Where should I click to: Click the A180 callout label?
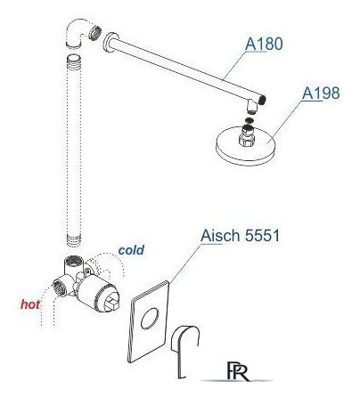(x=264, y=44)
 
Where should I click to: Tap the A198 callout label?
(x=321, y=93)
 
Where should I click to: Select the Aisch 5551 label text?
(x=240, y=236)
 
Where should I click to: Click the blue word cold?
(x=131, y=250)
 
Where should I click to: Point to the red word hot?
(x=30, y=304)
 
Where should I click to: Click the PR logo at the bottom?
(x=239, y=370)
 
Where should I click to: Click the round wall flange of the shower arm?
(x=108, y=43)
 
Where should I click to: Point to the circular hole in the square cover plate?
(x=150, y=319)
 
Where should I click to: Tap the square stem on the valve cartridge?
(x=112, y=302)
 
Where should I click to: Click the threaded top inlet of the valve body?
(x=73, y=261)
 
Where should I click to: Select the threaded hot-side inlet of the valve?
(x=58, y=288)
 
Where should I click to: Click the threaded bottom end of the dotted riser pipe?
(x=74, y=241)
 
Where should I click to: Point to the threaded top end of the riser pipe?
(x=74, y=62)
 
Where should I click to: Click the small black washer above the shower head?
(x=249, y=120)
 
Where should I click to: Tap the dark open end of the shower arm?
(x=261, y=100)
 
